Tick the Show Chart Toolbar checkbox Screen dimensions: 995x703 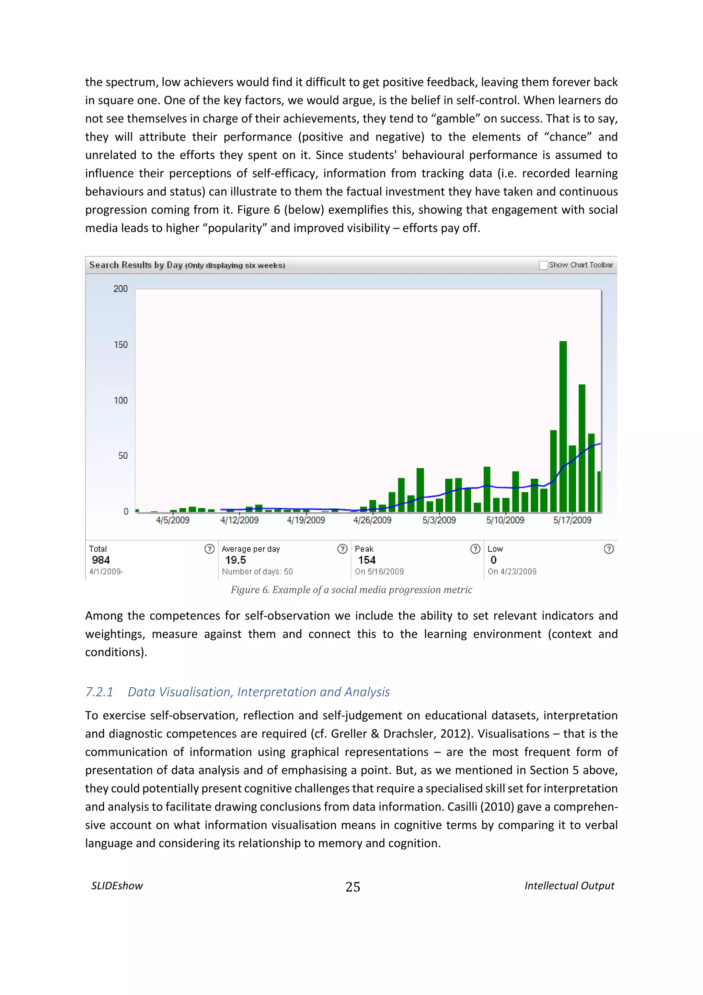(543, 265)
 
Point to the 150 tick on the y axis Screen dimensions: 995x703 (121, 344)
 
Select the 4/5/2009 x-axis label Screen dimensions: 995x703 (172, 520)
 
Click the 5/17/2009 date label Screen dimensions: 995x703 (572, 520)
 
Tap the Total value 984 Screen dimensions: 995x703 (101, 560)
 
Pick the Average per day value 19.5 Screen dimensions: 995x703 (235, 560)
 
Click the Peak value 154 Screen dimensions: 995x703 (367, 560)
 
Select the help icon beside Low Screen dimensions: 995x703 (609, 549)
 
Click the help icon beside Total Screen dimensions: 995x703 (209, 549)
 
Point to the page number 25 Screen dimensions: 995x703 (353, 887)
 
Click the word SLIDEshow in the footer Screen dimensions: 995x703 (117, 886)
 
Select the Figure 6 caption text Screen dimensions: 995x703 (351, 590)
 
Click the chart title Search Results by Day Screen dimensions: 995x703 (136, 265)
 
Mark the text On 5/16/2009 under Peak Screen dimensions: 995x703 (379, 572)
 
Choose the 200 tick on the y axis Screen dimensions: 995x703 (120, 289)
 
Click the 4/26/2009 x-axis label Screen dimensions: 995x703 (372, 520)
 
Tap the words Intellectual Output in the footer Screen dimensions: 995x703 (569, 886)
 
